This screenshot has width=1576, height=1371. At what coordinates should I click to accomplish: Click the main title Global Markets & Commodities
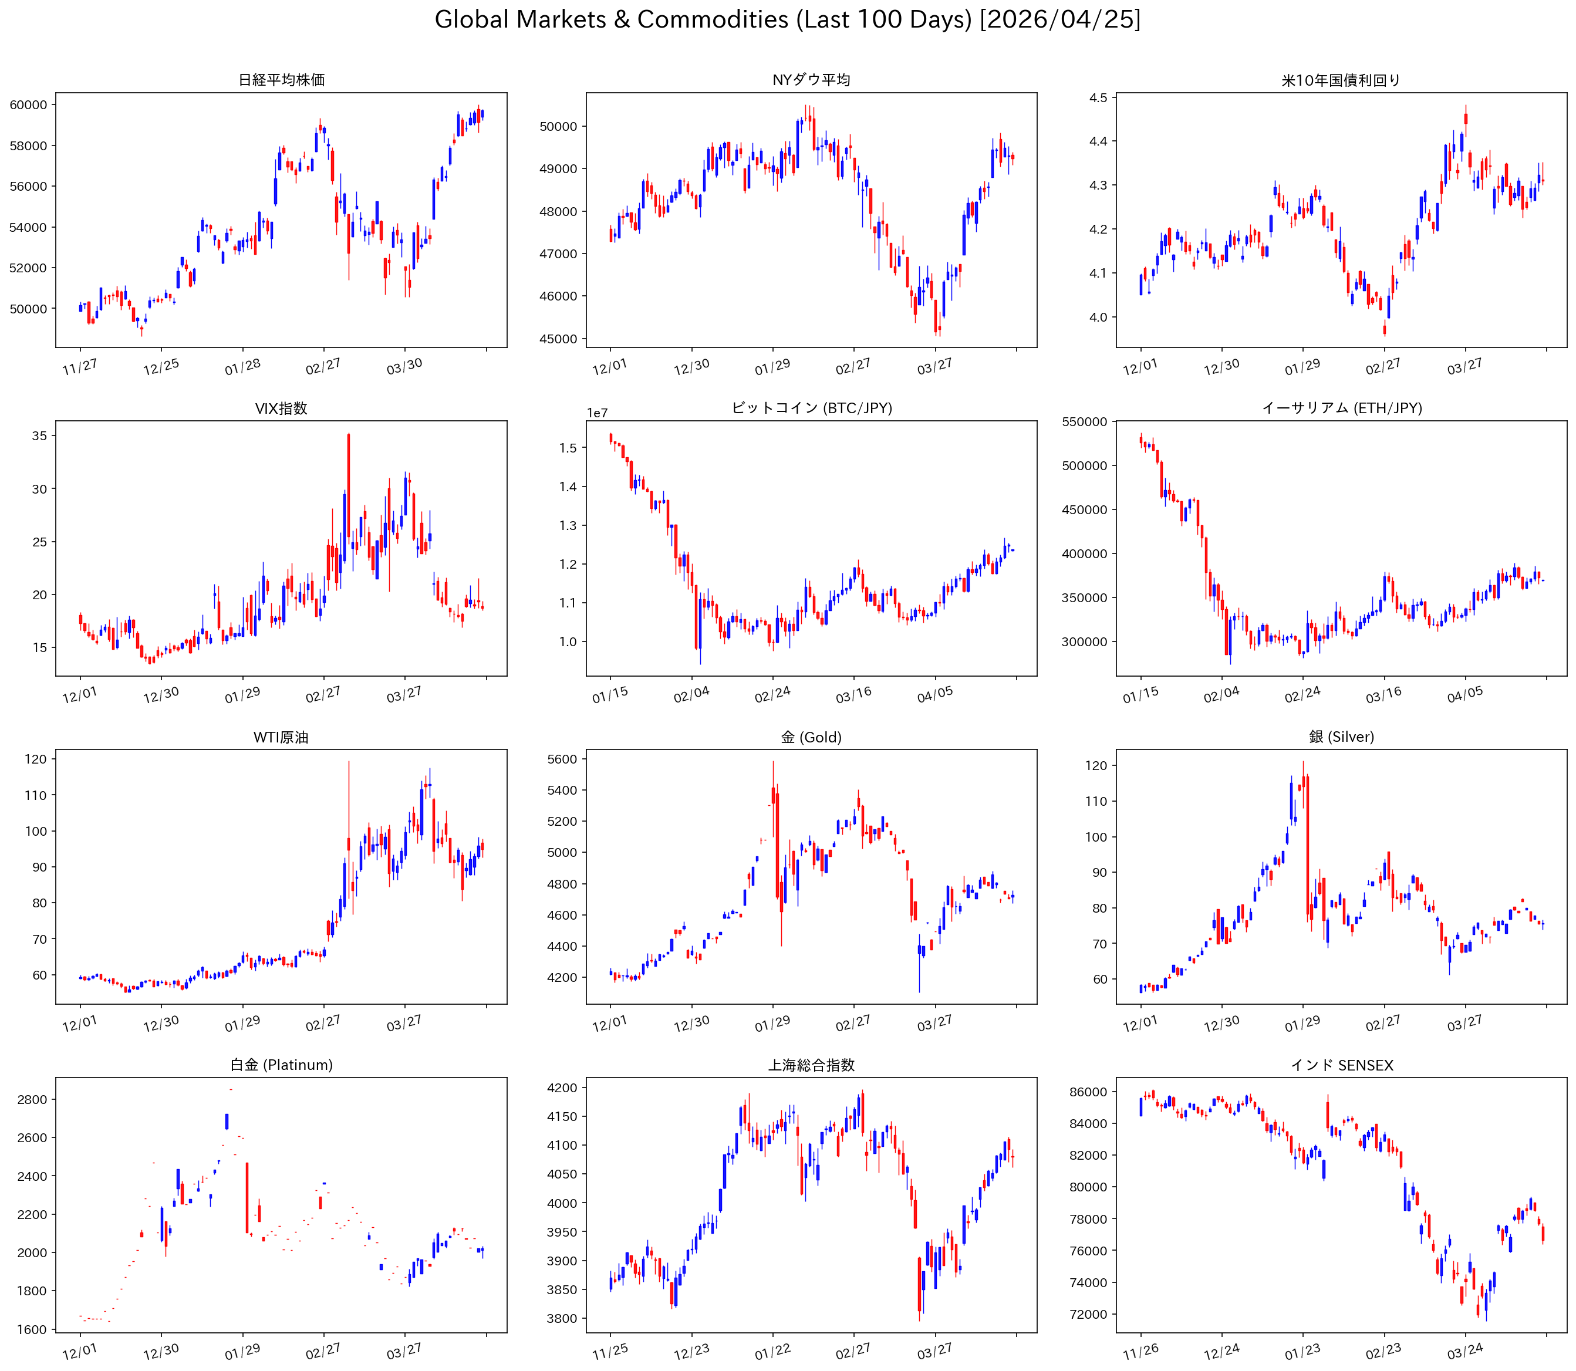(787, 19)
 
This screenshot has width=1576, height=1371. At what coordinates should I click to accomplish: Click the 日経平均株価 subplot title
(282, 80)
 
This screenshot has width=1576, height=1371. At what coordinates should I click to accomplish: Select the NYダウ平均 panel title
(811, 80)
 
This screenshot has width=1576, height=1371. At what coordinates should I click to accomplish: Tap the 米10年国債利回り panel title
(1341, 80)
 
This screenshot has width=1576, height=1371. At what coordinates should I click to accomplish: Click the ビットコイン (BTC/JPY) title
(811, 408)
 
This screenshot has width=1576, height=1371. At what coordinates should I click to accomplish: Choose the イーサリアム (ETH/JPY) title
(1341, 408)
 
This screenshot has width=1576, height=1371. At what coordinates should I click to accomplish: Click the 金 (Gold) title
(811, 737)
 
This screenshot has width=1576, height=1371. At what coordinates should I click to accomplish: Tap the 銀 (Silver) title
(1341, 737)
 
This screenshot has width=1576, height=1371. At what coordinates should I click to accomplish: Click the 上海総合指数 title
(811, 1064)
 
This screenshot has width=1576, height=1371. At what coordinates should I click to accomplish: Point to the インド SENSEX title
(1341, 1064)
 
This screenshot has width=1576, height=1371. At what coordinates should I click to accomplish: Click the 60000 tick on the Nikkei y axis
(28, 105)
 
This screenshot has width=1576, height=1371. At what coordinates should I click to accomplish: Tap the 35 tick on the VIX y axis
(39, 435)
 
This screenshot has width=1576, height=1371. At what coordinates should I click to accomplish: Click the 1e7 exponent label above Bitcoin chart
(598, 413)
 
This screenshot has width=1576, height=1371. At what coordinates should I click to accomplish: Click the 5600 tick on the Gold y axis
(562, 759)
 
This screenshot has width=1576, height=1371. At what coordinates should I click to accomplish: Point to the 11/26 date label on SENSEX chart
(1140, 1353)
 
